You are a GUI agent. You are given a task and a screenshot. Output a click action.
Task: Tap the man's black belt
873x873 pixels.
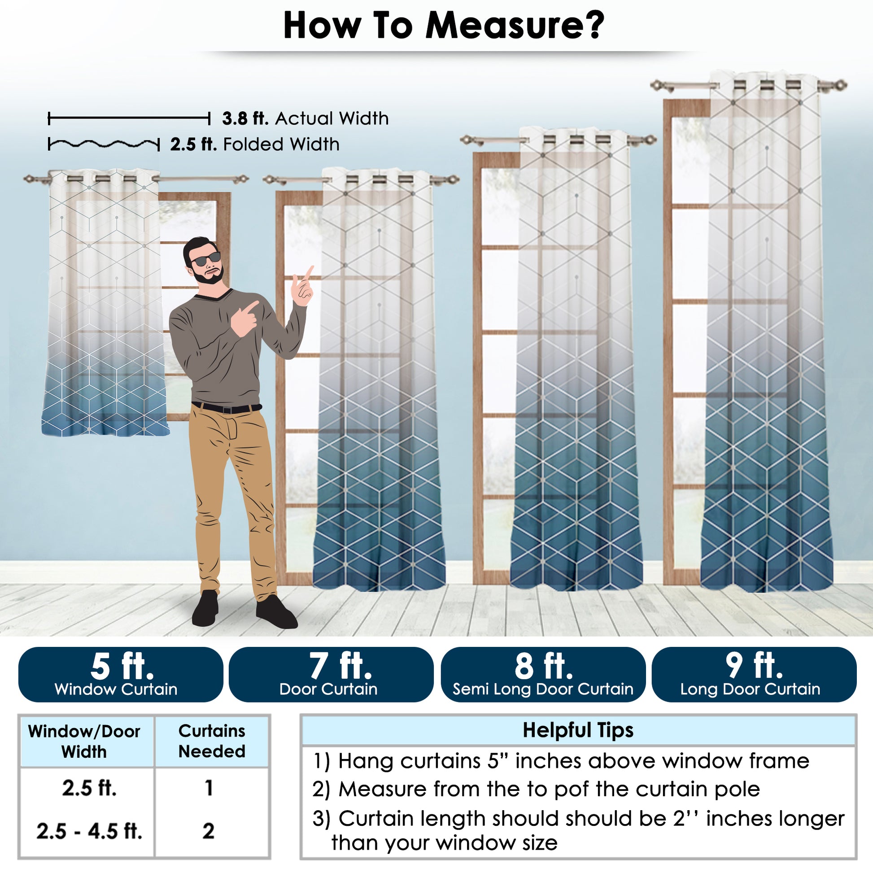[227, 408]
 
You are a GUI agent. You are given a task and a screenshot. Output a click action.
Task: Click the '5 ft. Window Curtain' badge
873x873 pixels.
[121, 674]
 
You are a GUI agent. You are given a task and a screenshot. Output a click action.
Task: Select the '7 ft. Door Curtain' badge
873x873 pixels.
[331, 674]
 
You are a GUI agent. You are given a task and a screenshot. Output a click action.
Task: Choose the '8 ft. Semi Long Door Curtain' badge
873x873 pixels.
[543, 674]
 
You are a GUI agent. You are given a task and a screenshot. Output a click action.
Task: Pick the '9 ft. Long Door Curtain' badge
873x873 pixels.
[754, 674]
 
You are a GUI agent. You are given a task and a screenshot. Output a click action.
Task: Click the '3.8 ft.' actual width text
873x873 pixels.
[245, 118]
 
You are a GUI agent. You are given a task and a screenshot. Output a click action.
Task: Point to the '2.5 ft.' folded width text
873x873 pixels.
[193, 144]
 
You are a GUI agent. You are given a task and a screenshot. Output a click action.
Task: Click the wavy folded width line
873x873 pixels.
[104, 144]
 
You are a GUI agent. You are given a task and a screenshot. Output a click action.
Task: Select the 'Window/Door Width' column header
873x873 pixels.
[84, 742]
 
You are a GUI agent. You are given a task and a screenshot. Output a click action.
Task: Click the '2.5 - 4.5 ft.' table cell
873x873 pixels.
[89, 830]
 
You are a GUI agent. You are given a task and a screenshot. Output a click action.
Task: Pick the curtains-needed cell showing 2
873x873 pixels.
[208, 830]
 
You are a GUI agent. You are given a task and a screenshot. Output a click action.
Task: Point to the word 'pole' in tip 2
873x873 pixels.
[737, 789]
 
